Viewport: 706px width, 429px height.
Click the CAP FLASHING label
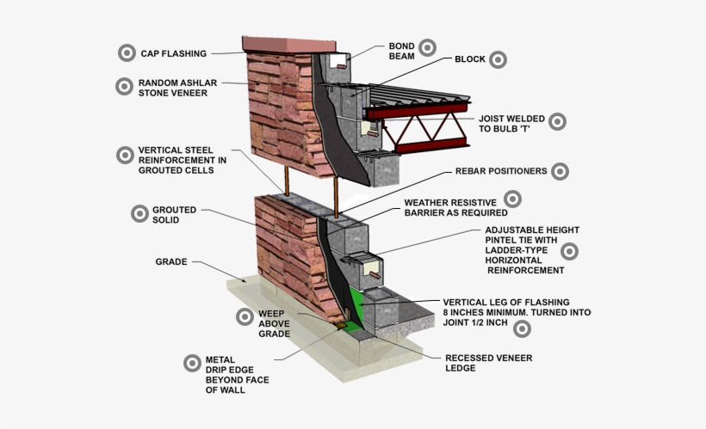(x=173, y=53)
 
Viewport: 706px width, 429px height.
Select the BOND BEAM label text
(x=401, y=50)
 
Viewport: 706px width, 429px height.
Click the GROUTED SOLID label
(x=175, y=214)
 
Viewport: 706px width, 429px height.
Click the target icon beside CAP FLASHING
(x=127, y=52)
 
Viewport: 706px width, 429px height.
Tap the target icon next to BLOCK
(x=498, y=60)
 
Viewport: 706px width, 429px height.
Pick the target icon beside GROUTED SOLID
(x=138, y=213)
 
